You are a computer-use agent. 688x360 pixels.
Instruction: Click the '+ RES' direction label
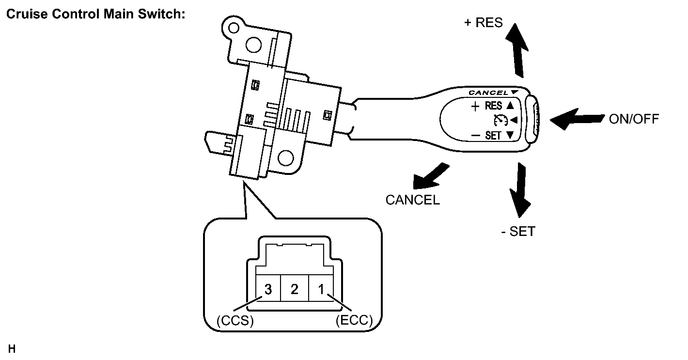click(483, 22)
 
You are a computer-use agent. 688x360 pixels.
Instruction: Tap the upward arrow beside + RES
click(517, 51)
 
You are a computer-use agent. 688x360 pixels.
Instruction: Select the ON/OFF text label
click(634, 119)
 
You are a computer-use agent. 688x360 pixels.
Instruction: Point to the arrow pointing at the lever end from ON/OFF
click(577, 119)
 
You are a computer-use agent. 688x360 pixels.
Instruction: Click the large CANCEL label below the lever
click(412, 200)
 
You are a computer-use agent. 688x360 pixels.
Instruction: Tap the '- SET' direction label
click(518, 231)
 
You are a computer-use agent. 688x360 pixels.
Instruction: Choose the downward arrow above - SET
click(520, 190)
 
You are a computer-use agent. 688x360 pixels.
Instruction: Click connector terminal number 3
click(268, 289)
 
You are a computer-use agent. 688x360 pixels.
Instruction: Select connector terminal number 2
click(294, 289)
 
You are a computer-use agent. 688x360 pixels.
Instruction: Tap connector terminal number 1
click(321, 289)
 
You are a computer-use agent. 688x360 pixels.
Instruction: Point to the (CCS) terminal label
click(235, 321)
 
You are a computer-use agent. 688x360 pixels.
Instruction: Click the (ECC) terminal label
click(354, 320)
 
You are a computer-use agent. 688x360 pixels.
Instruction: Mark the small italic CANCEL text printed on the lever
click(489, 93)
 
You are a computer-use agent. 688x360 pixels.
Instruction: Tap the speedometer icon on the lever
click(500, 120)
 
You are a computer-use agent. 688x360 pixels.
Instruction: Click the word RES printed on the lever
click(493, 106)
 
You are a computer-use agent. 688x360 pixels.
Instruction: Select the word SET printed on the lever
click(493, 136)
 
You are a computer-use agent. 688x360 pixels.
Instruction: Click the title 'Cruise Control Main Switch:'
click(96, 14)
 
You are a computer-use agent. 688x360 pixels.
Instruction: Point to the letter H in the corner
click(12, 349)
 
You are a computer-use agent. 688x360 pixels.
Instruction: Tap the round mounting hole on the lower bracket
click(286, 158)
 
